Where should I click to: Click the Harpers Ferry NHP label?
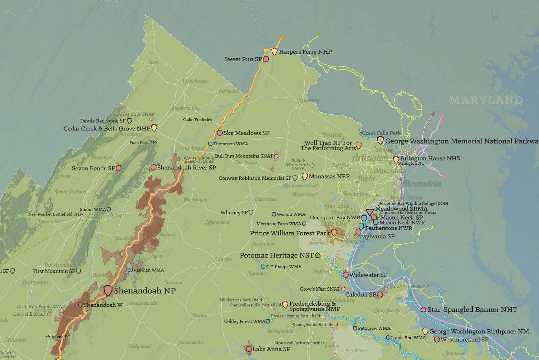tap(305, 52)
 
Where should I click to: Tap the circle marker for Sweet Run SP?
tap(266, 59)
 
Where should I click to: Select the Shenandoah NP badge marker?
tap(108, 290)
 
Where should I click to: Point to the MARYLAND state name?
tap(486, 100)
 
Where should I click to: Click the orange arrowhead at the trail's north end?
tap(281, 37)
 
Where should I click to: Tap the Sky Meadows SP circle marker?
tap(220, 133)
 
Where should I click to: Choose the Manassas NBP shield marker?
tap(304, 176)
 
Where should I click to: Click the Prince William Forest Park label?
tap(290, 233)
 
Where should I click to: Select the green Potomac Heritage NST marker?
tap(318, 255)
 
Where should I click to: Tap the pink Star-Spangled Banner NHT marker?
tap(423, 309)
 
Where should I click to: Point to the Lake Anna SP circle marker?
tap(249, 349)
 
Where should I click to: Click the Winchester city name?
tap(195, 81)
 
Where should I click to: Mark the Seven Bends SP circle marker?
tap(119, 168)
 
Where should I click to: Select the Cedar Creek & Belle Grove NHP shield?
tap(154, 128)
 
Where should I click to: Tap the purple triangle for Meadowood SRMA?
tap(370, 212)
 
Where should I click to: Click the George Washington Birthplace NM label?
tap(479, 331)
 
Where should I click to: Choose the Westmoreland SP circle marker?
tap(437, 339)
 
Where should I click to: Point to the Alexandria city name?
tap(421, 184)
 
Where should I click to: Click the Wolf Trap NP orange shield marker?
tap(358, 145)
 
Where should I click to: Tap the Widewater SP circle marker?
tap(346, 275)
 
